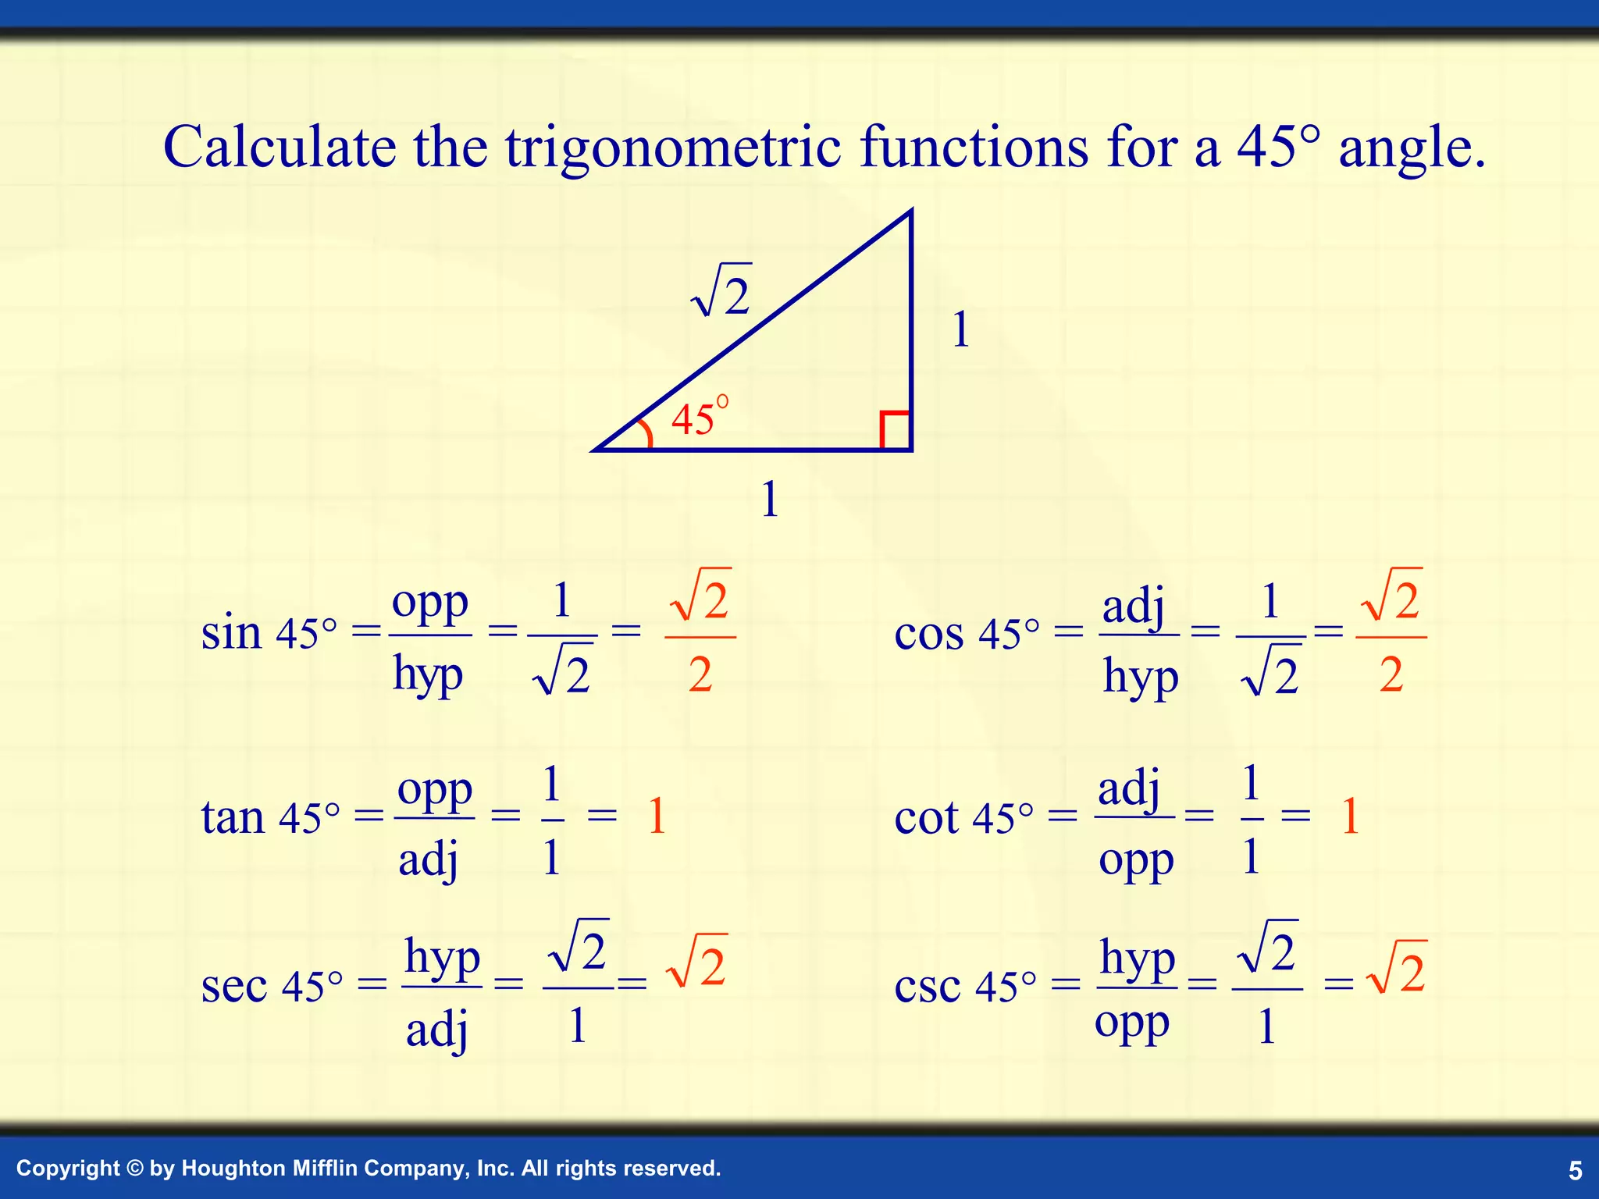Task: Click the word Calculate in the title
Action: point(280,147)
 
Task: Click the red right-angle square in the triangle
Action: point(895,429)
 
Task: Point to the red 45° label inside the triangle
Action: point(700,417)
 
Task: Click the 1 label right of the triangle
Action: point(961,329)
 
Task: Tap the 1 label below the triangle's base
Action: point(770,500)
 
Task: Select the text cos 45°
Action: point(967,634)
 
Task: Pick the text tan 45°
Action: point(270,818)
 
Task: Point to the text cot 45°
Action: point(963,818)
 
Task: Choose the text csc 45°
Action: point(965,986)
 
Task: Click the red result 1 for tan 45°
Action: point(657,817)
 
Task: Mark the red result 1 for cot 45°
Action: point(1350,817)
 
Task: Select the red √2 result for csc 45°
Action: point(1397,969)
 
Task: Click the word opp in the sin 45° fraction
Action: point(430,603)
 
